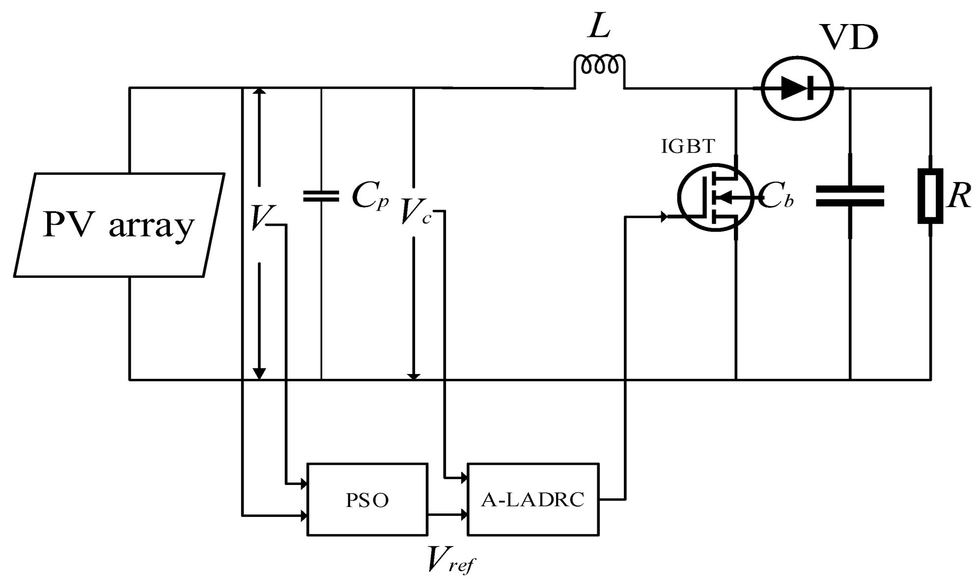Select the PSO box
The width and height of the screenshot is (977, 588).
pyautogui.click(x=367, y=499)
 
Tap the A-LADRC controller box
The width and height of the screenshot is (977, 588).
pyautogui.click(x=533, y=499)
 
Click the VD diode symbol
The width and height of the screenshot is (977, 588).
pyautogui.click(x=797, y=88)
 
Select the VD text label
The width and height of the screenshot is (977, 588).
pyautogui.click(x=850, y=38)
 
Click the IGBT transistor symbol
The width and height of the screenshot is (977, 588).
pyautogui.click(x=715, y=197)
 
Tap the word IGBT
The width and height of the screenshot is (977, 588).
pyautogui.click(x=688, y=146)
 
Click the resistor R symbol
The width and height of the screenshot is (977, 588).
pyautogui.click(x=930, y=196)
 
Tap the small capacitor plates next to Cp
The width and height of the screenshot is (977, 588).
pyautogui.click(x=321, y=196)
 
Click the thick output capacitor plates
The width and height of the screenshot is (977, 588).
pyautogui.click(x=850, y=196)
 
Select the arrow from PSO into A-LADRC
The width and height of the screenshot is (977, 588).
pyautogui.click(x=447, y=515)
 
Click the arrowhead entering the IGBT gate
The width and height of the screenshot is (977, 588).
pyautogui.click(x=664, y=216)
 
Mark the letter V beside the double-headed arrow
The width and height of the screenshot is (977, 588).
pyautogui.click(x=259, y=217)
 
